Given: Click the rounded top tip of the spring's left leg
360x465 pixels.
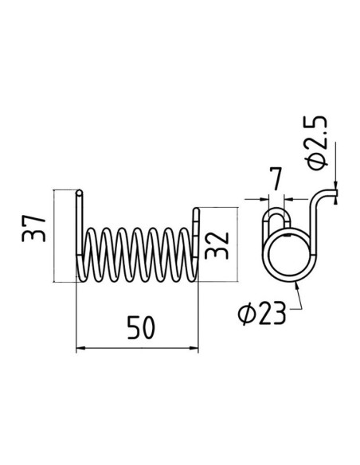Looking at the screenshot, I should (80, 192).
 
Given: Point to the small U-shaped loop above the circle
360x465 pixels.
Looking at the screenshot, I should (276, 219).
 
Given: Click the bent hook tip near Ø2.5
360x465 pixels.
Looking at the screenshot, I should (334, 190).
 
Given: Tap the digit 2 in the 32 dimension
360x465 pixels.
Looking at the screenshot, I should (216, 234).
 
